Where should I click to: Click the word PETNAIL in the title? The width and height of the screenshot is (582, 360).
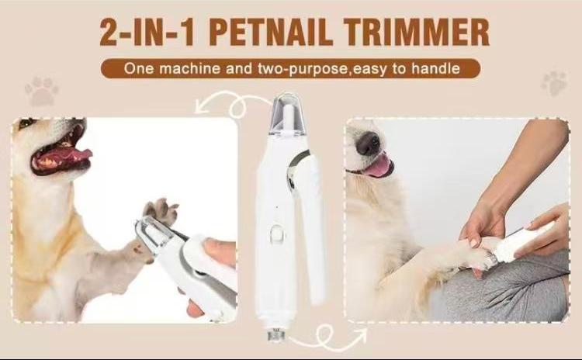click(x=270, y=33)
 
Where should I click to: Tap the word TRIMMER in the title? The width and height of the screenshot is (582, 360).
click(x=416, y=33)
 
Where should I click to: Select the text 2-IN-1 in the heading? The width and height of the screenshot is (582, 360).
click(x=147, y=33)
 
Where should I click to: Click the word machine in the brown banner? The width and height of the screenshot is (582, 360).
click(x=189, y=68)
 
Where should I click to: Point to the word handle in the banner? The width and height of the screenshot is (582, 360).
click(x=436, y=68)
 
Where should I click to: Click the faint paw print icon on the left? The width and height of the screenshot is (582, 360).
click(x=42, y=91)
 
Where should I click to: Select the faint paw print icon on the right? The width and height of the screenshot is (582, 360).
click(x=554, y=83)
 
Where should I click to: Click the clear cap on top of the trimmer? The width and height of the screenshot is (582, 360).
click(x=286, y=113)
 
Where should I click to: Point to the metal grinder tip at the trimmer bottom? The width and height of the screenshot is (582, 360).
click(x=276, y=334)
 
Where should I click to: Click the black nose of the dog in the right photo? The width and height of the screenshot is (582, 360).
click(x=368, y=144)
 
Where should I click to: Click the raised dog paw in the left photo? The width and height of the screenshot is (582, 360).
click(x=161, y=212)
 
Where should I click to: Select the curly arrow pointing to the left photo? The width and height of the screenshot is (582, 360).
click(x=234, y=103)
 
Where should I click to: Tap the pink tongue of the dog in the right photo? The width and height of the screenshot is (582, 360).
click(x=378, y=166)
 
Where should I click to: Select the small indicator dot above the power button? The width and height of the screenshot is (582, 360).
click(x=277, y=206)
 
